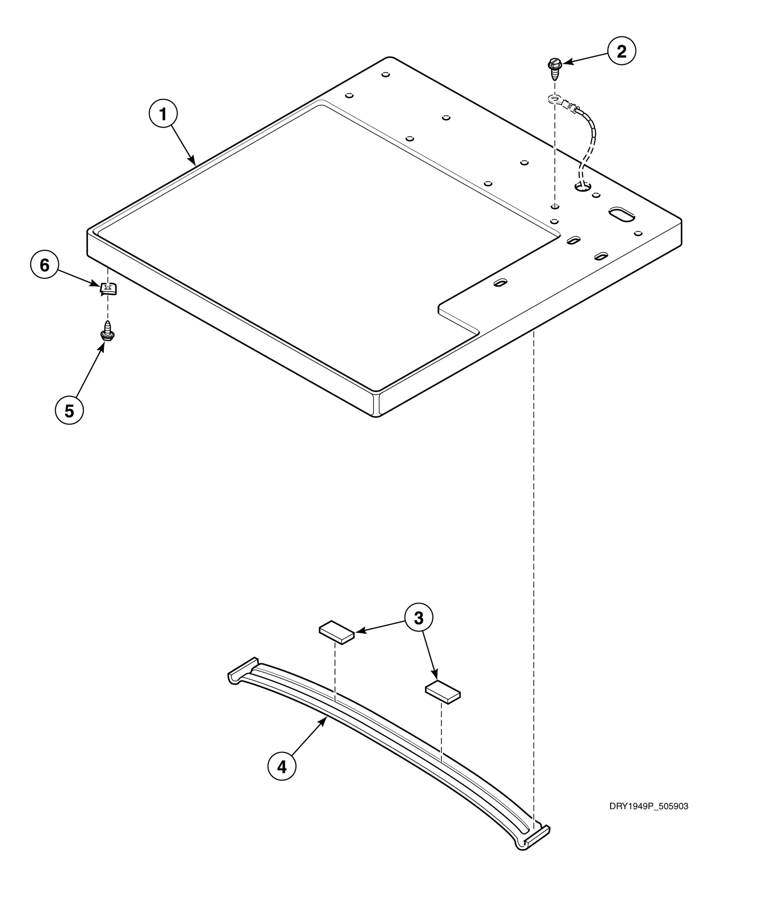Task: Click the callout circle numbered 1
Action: coord(163,115)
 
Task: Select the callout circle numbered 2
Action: coord(621,52)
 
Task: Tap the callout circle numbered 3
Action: coord(418,617)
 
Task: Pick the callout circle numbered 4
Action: coord(282,767)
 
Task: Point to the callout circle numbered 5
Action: coord(69,410)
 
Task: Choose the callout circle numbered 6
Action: coord(44,265)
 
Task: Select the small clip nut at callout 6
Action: coord(108,288)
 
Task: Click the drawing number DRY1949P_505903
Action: coord(648,806)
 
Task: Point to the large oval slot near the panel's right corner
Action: coord(622,214)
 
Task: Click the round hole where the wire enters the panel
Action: coord(583,185)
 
